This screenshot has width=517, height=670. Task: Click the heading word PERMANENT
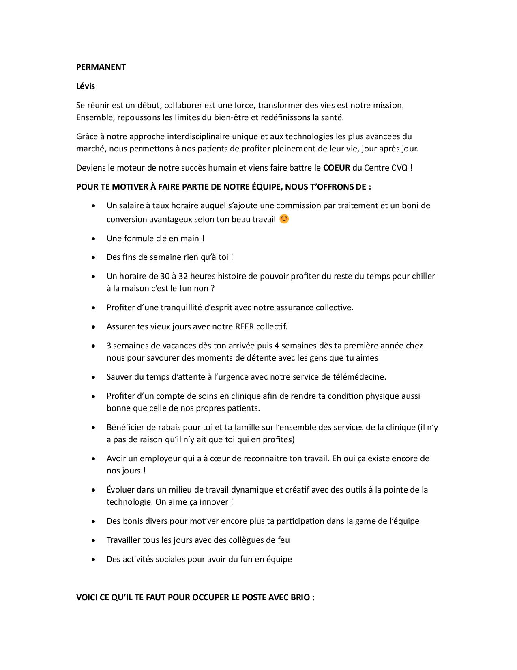pos(101,67)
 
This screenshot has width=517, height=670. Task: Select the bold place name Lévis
pos(86,86)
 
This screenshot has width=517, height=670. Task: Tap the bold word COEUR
pos(337,168)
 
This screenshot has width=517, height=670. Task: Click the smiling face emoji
pos(284,219)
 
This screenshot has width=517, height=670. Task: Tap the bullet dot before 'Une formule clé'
pos(94,239)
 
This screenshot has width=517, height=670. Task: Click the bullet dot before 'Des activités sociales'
pos(94,560)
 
